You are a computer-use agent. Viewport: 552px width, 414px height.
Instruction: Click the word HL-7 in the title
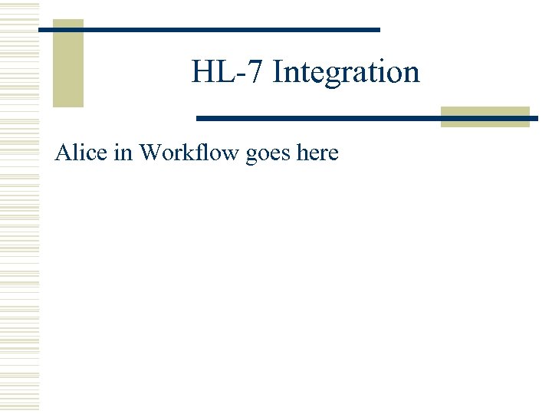(228, 72)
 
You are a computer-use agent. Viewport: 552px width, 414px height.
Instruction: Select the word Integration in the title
(346, 72)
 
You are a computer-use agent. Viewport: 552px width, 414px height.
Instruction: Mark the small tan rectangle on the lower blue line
(485, 117)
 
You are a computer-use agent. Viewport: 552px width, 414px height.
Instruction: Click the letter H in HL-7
(202, 72)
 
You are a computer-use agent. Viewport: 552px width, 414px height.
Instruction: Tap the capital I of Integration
(278, 72)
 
